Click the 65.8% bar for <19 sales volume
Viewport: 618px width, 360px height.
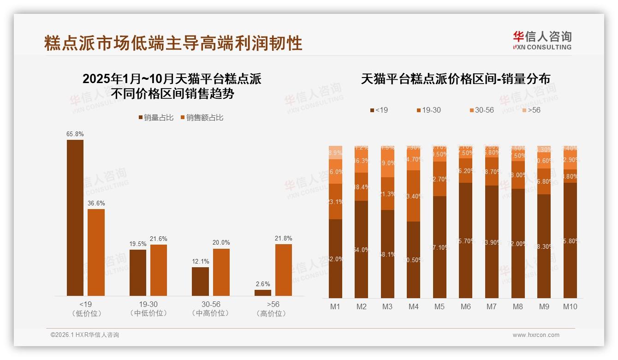75,217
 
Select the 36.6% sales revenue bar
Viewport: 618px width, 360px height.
96,252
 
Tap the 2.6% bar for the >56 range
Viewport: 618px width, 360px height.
263,293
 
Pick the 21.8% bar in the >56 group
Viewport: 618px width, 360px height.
284,270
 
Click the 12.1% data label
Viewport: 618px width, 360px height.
200,262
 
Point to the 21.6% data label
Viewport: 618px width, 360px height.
159,239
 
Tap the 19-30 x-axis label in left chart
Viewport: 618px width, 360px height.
149,305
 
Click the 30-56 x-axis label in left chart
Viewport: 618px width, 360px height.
211,305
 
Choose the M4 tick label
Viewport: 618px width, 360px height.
413,306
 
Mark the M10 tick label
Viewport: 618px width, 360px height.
570,306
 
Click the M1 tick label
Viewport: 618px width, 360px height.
335,306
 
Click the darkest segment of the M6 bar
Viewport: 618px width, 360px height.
466,240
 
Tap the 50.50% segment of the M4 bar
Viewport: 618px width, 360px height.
414,259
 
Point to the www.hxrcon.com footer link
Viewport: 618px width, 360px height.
536,335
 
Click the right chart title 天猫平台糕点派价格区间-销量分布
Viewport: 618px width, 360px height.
455,79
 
